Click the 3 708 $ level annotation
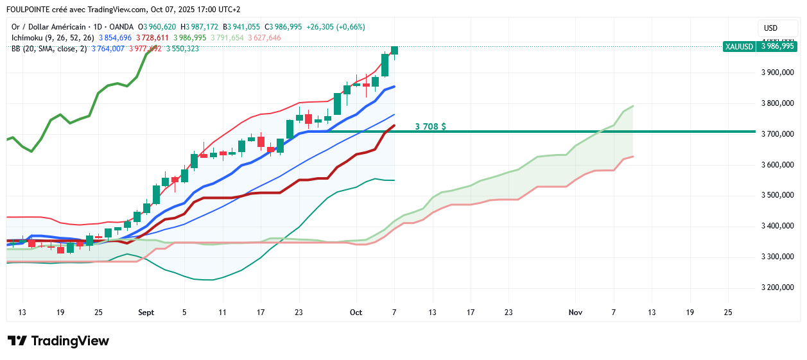click(x=430, y=126)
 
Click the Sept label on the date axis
click(x=146, y=313)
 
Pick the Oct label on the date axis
click(x=356, y=313)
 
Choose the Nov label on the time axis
click(x=575, y=313)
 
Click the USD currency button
click(x=770, y=28)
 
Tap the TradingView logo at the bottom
click(x=58, y=341)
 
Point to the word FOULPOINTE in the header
click(x=31, y=10)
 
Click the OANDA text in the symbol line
click(x=122, y=27)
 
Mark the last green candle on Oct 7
click(x=394, y=51)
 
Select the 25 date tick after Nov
click(x=727, y=313)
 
